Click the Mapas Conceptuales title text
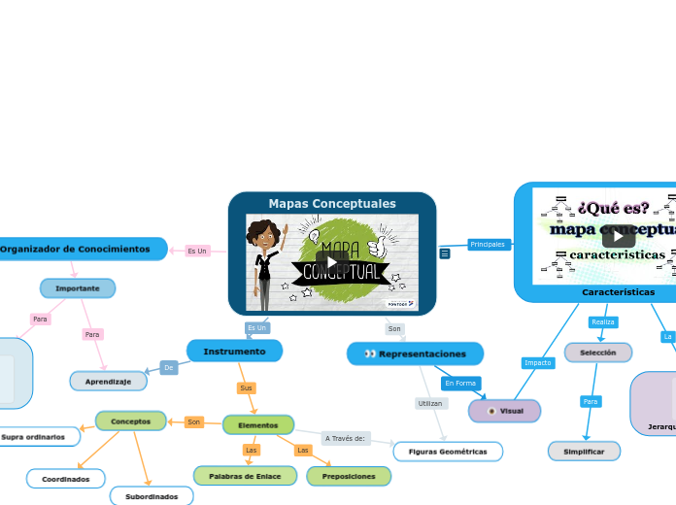pyautogui.click(x=332, y=204)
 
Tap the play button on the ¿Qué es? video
pyautogui.click(x=618, y=236)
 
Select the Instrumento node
pyautogui.click(x=234, y=351)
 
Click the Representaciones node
pyautogui.click(x=415, y=353)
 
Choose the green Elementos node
pyautogui.click(x=258, y=424)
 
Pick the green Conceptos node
pyautogui.click(x=131, y=421)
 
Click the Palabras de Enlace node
pyautogui.click(x=245, y=476)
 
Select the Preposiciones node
pyautogui.click(x=349, y=476)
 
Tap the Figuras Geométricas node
pyautogui.click(x=448, y=452)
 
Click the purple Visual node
pyautogui.click(x=504, y=411)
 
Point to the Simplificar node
pyautogui.click(x=584, y=452)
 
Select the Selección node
pyautogui.click(x=597, y=353)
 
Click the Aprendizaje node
pyautogui.click(x=108, y=382)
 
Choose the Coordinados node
pyautogui.click(x=66, y=479)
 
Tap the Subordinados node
pyautogui.click(x=152, y=496)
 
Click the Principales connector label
pyautogui.click(x=488, y=245)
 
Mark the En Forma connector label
pyautogui.click(x=460, y=383)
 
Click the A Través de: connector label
pyautogui.click(x=345, y=438)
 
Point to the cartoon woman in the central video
pyautogui.click(x=263, y=263)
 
